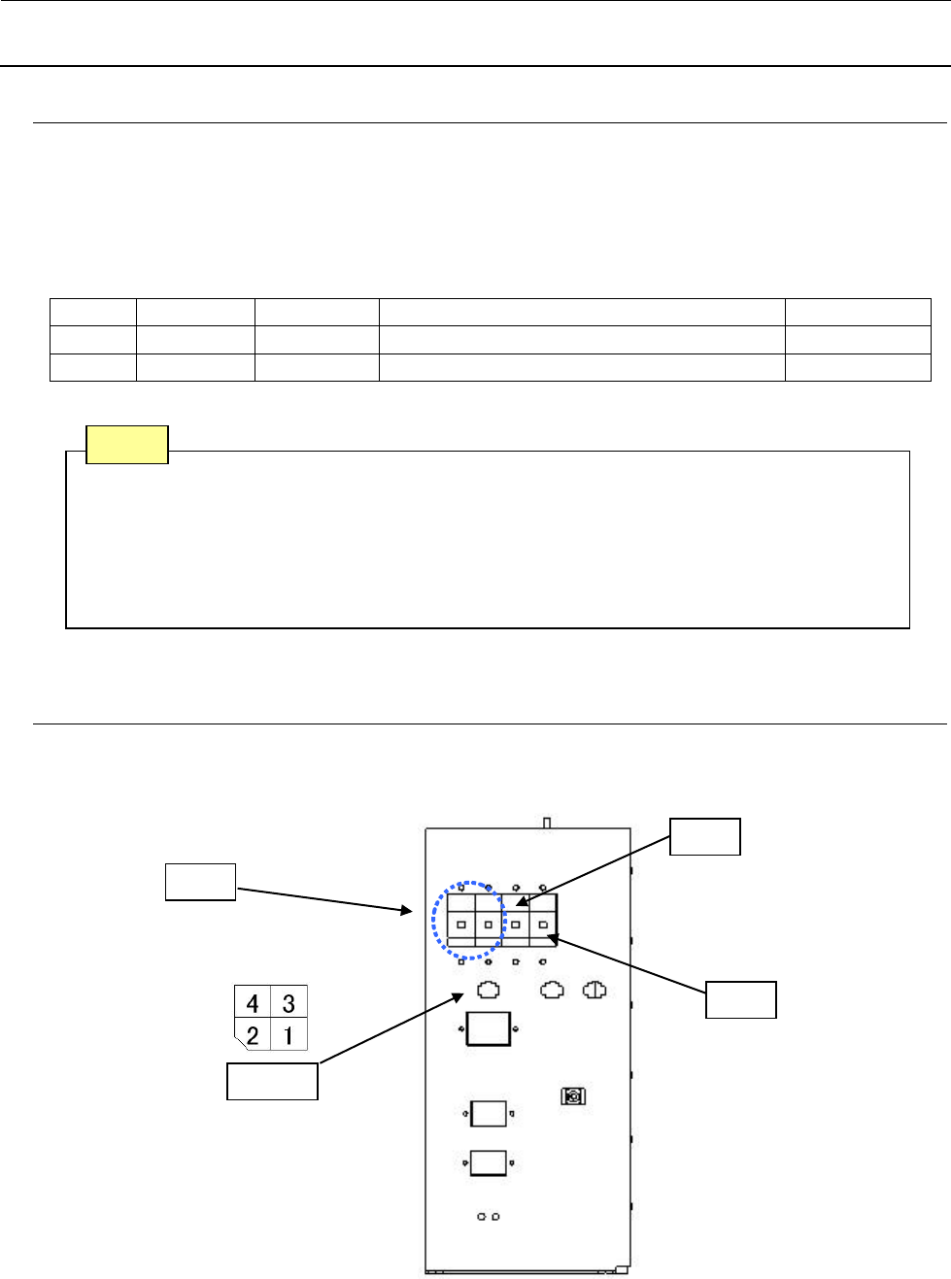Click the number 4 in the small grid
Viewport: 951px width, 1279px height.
(x=253, y=1002)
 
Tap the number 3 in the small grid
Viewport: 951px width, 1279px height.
(x=289, y=1002)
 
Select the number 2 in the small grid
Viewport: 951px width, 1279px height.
(x=253, y=1035)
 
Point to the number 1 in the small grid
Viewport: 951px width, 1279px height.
(x=289, y=1035)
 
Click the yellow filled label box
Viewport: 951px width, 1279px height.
(x=127, y=444)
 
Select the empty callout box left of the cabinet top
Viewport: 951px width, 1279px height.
(x=200, y=882)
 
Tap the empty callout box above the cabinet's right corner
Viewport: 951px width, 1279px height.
(x=705, y=836)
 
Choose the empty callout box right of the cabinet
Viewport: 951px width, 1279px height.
(x=740, y=999)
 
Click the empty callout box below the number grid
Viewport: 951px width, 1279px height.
(x=272, y=1081)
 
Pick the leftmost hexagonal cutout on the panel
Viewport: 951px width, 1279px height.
(x=489, y=990)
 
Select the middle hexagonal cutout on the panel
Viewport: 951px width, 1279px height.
(x=552, y=990)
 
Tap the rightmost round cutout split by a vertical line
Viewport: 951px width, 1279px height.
(x=594, y=990)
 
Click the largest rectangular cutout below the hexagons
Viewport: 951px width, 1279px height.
(x=489, y=1028)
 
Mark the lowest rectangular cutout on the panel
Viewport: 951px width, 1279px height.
(x=489, y=1162)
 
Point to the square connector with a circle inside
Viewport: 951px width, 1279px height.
(x=573, y=1096)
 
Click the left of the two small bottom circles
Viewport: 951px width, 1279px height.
(x=482, y=1216)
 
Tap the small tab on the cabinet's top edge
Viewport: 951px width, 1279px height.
(x=547, y=823)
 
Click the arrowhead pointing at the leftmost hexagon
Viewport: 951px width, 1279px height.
(x=459, y=996)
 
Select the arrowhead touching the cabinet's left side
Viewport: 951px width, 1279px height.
(x=407, y=911)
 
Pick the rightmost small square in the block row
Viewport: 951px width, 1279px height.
(x=543, y=925)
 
